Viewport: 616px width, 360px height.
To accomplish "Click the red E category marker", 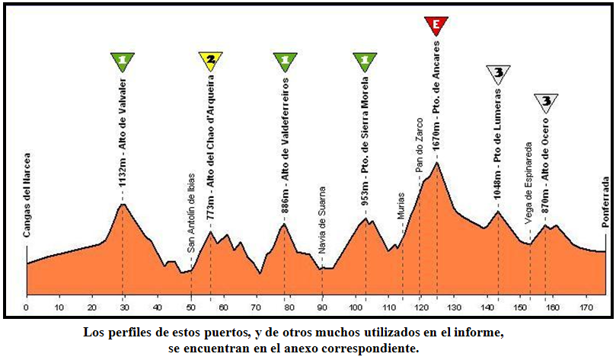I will click(x=436, y=25).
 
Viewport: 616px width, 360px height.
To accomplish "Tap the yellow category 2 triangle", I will click(x=210, y=61).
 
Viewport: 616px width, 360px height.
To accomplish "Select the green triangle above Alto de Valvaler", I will click(x=123, y=61).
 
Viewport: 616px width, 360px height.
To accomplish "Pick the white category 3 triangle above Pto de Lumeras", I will click(x=498, y=74).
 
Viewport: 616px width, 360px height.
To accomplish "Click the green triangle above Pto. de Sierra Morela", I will click(x=365, y=61).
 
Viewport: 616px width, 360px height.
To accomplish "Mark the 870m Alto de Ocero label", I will click(x=546, y=164).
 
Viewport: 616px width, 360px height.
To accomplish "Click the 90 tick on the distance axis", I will click(x=322, y=308).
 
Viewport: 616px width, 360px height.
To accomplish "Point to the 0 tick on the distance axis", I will click(x=26, y=308).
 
